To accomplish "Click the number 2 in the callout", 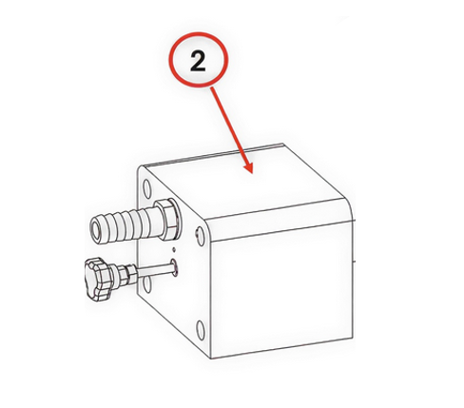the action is pos(198,62).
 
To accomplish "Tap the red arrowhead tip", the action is pos(252,173).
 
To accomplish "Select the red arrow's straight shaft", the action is pos(230,126).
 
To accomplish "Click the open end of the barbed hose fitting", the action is pos(96,230).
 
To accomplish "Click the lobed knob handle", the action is pos(98,279).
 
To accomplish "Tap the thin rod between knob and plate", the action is pos(155,270).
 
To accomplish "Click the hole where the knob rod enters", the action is pos(174,267).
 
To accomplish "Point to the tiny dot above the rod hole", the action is pos(174,249).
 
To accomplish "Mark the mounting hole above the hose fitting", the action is pos(147,188).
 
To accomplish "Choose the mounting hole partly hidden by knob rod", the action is pos(147,284).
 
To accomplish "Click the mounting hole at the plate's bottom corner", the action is pos(201,330).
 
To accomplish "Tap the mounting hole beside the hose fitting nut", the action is pos(201,236).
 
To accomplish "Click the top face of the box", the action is pos(245,184).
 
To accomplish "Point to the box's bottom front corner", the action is pos(211,359).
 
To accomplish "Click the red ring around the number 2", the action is pos(198,32).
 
